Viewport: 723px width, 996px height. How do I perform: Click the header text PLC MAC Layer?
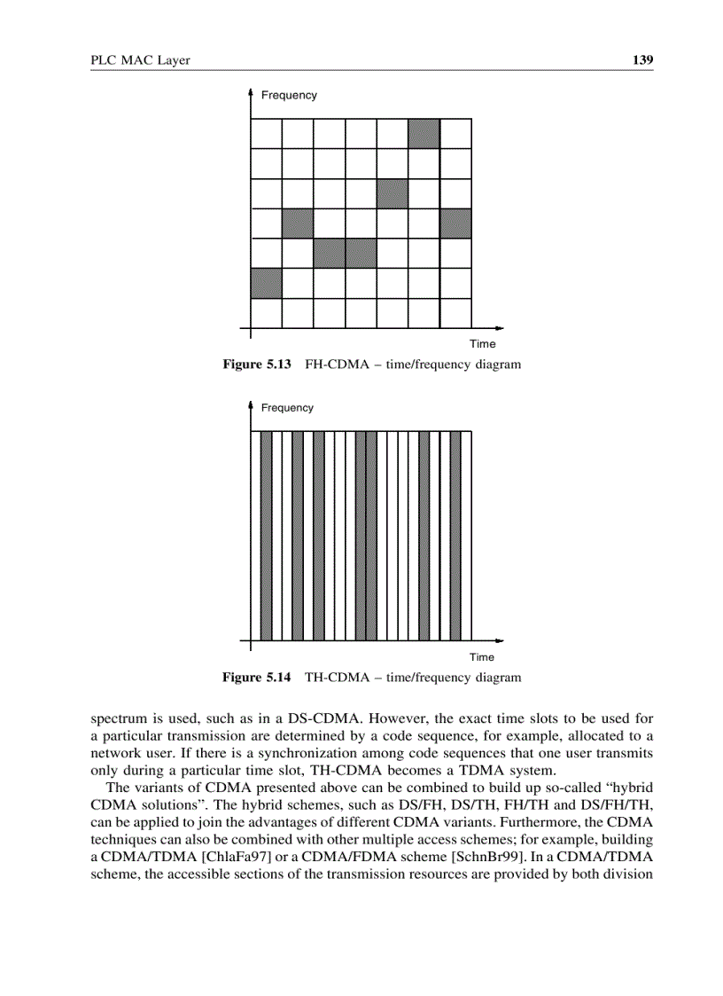click(x=141, y=60)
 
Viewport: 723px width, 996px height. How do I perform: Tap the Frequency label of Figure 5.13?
click(x=288, y=95)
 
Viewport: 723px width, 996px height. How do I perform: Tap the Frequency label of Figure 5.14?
click(x=287, y=408)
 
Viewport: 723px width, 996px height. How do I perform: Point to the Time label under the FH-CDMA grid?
click(x=483, y=343)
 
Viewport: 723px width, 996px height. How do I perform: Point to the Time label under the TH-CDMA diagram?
click(x=482, y=657)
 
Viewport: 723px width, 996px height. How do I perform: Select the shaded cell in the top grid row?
click(x=424, y=133)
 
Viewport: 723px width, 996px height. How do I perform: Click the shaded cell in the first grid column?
click(x=266, y=284)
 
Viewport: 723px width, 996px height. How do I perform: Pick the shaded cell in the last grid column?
click(x=455, y=224)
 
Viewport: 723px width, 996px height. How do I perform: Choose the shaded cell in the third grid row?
click(x=392, y=193)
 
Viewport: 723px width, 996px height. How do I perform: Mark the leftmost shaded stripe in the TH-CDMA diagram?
click(x=266, y=535)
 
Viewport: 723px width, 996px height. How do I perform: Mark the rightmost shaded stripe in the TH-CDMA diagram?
click(x=455, y=535)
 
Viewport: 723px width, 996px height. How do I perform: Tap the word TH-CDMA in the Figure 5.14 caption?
click(x=336, y=678)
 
